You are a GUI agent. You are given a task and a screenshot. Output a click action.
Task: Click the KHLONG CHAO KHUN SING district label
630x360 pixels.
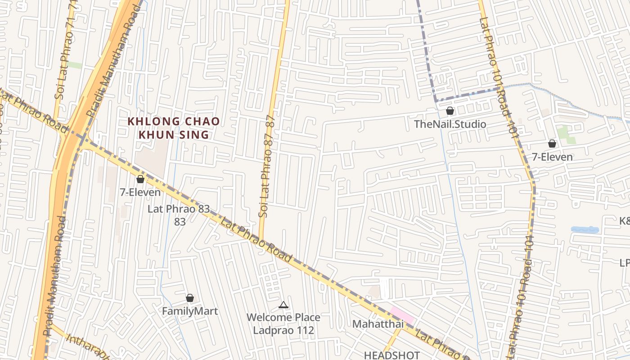pyautogui.click(x=174, y=128)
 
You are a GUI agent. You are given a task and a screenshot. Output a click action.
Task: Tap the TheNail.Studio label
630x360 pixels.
pyautogui.click(x=450, y=124)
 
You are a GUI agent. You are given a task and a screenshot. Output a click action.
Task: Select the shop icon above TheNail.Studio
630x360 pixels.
pyautogui.click(x=450, y=111)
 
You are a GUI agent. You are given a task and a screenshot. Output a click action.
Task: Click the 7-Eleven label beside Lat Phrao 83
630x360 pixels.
pyautogui.click(x=140, y=192)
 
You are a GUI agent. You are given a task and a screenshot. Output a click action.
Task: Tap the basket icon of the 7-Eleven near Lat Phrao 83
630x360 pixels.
pyautogui.click(x=140, y=179)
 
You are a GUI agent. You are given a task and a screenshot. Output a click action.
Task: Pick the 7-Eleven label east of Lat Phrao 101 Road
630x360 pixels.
pyautogui.click(x=552, y=157)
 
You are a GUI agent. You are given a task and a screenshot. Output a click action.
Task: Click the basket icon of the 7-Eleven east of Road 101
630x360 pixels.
pyautogui.click(x=552, y=144)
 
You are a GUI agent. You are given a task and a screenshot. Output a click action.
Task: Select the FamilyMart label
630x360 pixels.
pyautogui.click(x=190, y=311)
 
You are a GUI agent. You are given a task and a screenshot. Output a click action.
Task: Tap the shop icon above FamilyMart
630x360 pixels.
pyautogui.click(x=190, y=298)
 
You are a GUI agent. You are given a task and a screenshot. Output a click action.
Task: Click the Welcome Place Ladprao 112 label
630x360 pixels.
pyautogui.click(x=283, y=324)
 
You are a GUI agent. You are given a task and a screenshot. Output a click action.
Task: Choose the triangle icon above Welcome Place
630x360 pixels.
pyautogui.click(x=283, y=305)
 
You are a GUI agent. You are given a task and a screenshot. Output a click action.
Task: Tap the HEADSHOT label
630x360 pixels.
pyautogui.click(x=392, y=355)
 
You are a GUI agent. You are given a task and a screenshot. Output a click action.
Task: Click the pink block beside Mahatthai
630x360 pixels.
pyautogui.click(x=402, y=315)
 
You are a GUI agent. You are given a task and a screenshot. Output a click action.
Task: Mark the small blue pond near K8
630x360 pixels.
pyautogui.click(x=585, y=229)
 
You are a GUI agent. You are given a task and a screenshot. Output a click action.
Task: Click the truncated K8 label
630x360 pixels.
pyautogui.click(x=624, y=221)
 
